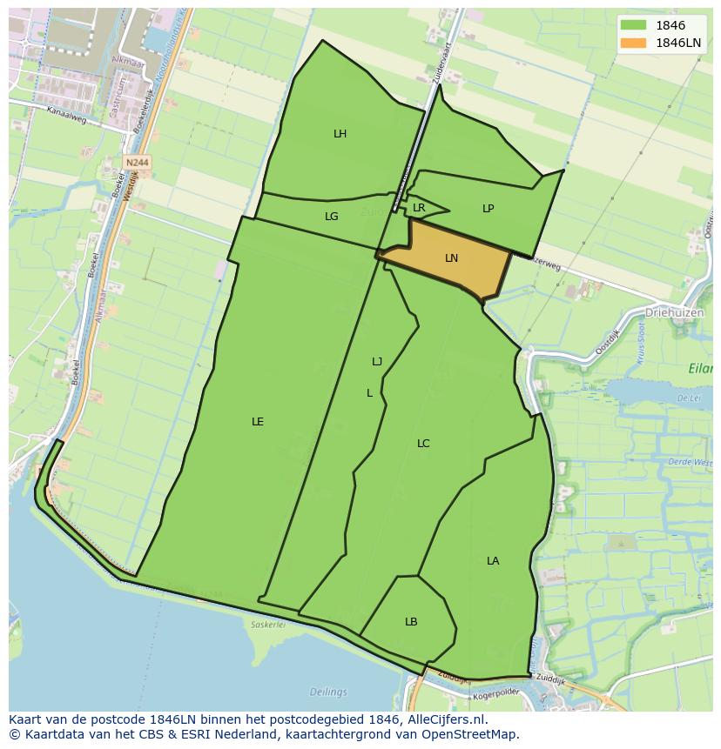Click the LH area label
click(x=340, y=134)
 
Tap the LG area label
click(x=331, y=217)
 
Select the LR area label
click(x=419, y=208)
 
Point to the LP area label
click(x=488, y=209)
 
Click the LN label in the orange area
click(x=451, y=258)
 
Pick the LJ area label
click(x=377, y=362)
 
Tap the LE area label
click(x=258, y=422)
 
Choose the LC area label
click(x=423, y=444)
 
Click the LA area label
click(x=493, y=561)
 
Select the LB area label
click(x=411, y=622)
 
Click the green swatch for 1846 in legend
click(x=632, y=26)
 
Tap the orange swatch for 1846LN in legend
click(x=632, y=43)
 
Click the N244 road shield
click(x=136, y=163)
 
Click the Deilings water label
click(x=327, y=692)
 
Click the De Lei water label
click(x=688, y=398)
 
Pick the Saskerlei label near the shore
click(x=268, y=625)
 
